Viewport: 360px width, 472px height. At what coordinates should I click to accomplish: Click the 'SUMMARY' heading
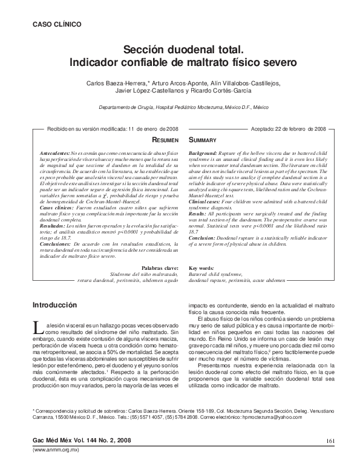click(x=205, y=139)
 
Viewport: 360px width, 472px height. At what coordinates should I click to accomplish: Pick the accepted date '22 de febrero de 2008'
click(x=301, y=129)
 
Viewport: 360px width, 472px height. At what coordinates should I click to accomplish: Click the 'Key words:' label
click(x=201, y=267)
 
